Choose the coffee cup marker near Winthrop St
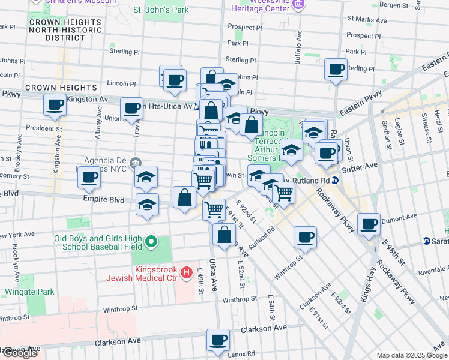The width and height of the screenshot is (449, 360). point(305,237)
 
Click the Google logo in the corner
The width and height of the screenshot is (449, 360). point(19,353)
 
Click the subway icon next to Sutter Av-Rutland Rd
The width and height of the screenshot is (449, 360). point(336,180)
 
